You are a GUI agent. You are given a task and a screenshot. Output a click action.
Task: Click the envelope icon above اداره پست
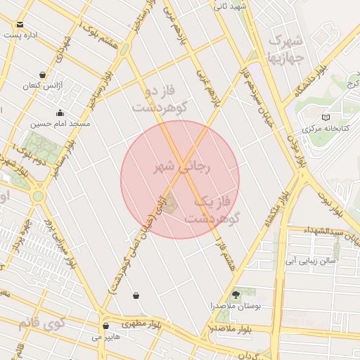click(20, 25)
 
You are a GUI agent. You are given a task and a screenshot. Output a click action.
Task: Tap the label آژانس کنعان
click(43, 85)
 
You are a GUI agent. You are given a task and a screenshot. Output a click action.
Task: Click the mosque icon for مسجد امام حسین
click(60, 112)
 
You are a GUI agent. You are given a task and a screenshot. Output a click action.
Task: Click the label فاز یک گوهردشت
click(212, 210)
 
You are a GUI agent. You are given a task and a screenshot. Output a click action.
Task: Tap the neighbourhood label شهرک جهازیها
click(285, 47)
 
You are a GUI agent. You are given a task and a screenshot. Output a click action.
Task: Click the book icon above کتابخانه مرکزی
click(324, 117)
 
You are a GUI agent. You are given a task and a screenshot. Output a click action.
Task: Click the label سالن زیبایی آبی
click(310, 260)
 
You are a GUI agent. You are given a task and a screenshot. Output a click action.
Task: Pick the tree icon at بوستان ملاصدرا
click(236, 295)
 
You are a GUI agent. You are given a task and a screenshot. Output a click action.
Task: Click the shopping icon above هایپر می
click(105, 326)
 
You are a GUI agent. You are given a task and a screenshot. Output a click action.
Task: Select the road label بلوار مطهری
click(140, 324)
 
